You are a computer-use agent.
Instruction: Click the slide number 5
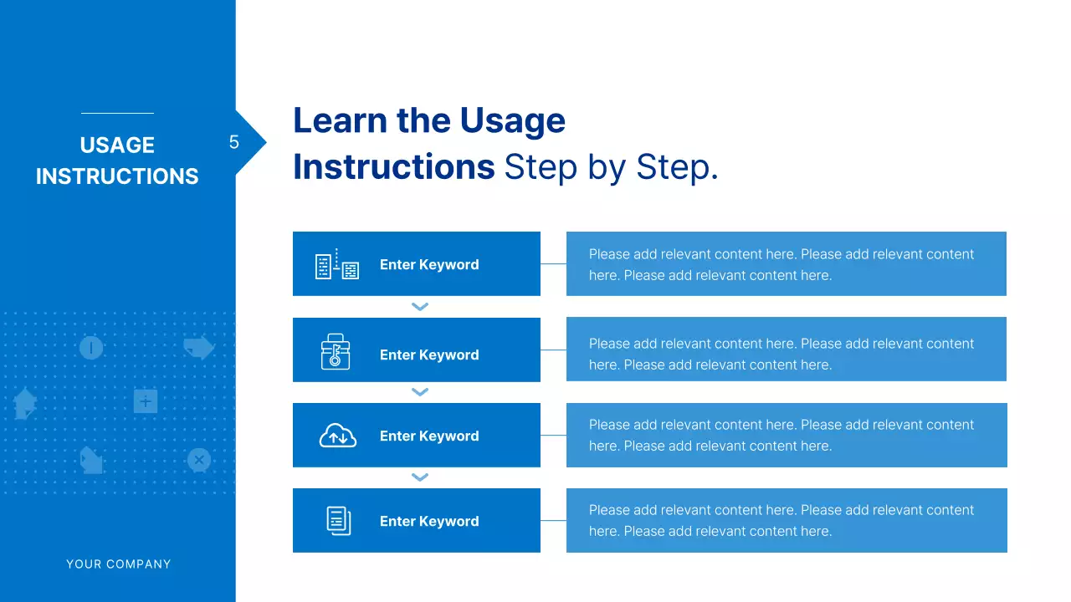[234, 143]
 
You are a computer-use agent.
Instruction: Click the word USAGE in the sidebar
[117, 145]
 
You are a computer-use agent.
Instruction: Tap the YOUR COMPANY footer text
[119, 564]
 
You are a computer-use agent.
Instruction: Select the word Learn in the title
[340, 121]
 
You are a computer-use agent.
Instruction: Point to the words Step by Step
[611, 167]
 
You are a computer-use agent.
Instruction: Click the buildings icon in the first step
[336, 264]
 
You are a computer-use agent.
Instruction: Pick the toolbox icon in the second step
[336, 351]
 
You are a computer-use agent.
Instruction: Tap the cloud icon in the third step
[338, 436]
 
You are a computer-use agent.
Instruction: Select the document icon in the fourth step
[338, 520]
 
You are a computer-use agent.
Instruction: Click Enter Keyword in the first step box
[429, 265]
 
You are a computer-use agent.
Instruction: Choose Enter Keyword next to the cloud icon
[429, 436]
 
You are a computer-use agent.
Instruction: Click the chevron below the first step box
[420, 307]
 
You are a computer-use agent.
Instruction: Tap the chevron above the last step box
[420, 477]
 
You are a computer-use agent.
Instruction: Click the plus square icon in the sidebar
[146, 402]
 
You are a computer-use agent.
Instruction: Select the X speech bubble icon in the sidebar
[198, 460]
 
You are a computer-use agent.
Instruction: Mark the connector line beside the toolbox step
[553, 350]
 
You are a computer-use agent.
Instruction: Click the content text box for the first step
[786, 264]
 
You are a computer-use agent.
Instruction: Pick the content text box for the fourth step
[786, 520]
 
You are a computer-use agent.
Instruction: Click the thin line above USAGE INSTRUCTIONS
[117, 113]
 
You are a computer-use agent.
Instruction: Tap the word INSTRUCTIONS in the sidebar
[117, 176]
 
